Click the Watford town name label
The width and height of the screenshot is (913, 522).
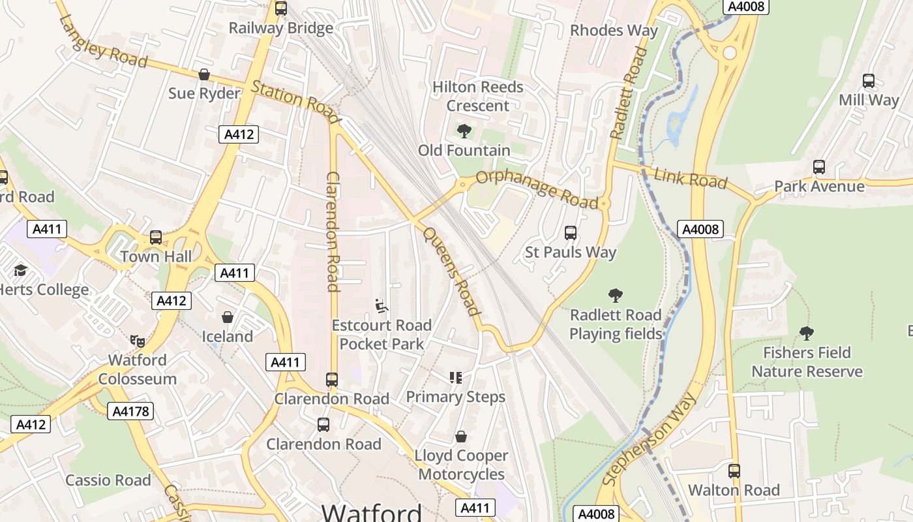pyautogui.click(x=372, y=512)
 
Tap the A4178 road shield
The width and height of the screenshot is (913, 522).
pyautogui.click(x=130, y=411)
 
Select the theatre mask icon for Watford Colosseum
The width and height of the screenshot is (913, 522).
pyautogui.click(x=137, y=340)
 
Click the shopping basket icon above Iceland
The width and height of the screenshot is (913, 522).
pyautogui.click(x=228, y=317)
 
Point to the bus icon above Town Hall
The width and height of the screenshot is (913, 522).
pyautogui.click(x=156, y=237)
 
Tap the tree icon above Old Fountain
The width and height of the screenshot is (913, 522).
pyautogui.click(x=464, y=131)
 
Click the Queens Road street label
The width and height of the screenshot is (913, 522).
pyautogui.click(x=452, y=270)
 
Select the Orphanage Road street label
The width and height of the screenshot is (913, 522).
pyautogui.click(x=537, y=190)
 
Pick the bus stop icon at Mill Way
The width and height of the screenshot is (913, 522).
pyautogui.click(x=869, y=81)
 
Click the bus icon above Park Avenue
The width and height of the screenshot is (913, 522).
pyautogui.click(x=819, y=167)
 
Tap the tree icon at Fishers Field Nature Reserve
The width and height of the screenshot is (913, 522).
pyautogui.click(x=807, y=333)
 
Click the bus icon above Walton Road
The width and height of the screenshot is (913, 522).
pyautogui.click(x=734, y=470)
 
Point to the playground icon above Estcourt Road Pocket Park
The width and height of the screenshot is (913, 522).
pyautogui.click(x=382, y=306)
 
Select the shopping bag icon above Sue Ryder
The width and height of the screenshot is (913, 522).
pyautogui.click(x=204, y=74)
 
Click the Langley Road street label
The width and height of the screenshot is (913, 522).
pyautogui.click(x=103, y=40)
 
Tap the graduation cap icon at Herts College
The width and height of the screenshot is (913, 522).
pyautogui.click(x=21, y=270)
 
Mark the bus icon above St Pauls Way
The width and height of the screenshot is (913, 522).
pyautogui.click(x=571, y=232)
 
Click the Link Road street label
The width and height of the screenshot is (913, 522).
pyautogui.click(x=690, y=178)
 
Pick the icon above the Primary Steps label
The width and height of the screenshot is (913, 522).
pyautogui.click(x=455, y=377)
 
